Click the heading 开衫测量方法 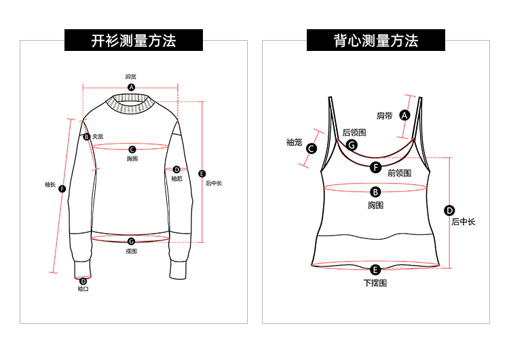point(134,41)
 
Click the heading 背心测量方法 point(375,41)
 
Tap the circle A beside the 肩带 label point(405,115)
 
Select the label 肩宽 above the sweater point(130,77)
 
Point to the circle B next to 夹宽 point(87,137)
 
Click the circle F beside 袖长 point(62,189)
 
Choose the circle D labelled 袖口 point(83,281)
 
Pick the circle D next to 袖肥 point(176,169)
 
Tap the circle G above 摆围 point(131,241)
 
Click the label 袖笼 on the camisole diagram point(294,142)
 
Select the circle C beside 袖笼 point(312,149)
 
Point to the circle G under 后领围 point(352,145)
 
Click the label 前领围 point(399,173)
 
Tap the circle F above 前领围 point(376,166)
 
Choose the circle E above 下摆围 point(375,270)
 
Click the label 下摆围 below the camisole point(375,283)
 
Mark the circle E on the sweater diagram point(201,173)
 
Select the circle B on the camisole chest point(375,192)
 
